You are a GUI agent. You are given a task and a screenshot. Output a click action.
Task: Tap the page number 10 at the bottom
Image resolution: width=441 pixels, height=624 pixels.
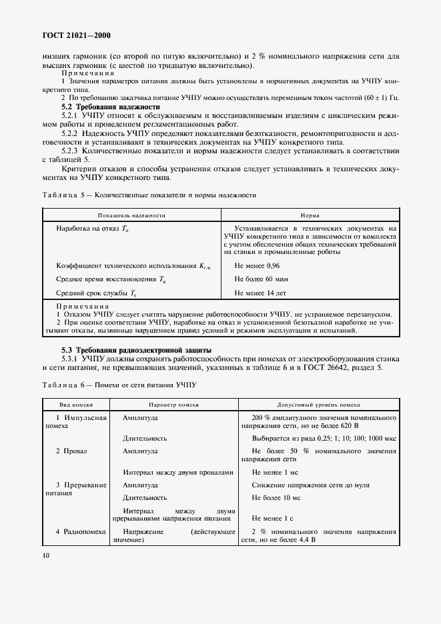coord(46,555)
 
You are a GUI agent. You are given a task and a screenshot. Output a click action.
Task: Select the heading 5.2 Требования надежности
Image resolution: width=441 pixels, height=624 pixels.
coord(111,107)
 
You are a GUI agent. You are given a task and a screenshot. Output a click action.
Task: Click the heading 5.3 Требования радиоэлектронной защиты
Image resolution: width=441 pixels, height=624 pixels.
coord(137,349)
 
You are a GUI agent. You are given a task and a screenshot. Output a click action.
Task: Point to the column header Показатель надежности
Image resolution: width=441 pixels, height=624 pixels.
coord(131,215)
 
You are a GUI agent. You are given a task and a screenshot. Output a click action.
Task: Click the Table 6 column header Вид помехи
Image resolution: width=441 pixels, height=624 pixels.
coord(75,405)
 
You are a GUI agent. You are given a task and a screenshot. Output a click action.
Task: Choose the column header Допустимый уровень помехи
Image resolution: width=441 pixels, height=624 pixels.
coord(318,405)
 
